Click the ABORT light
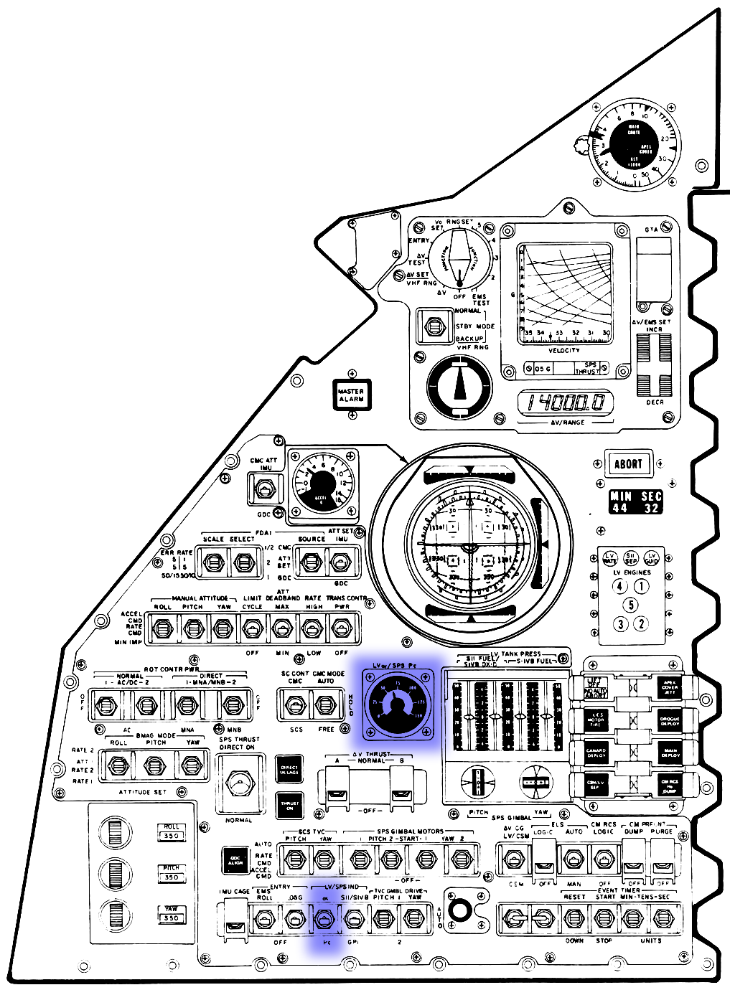(627, 463)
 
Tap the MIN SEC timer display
(635, 502)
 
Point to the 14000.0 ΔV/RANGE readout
(566, 402)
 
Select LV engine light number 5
(631, 605)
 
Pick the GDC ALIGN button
(235, 860)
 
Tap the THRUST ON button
(290, 806)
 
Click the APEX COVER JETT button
(669, 687)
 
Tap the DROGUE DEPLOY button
(669, 720)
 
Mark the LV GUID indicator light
(651, 558)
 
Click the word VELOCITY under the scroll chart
(564, 350)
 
